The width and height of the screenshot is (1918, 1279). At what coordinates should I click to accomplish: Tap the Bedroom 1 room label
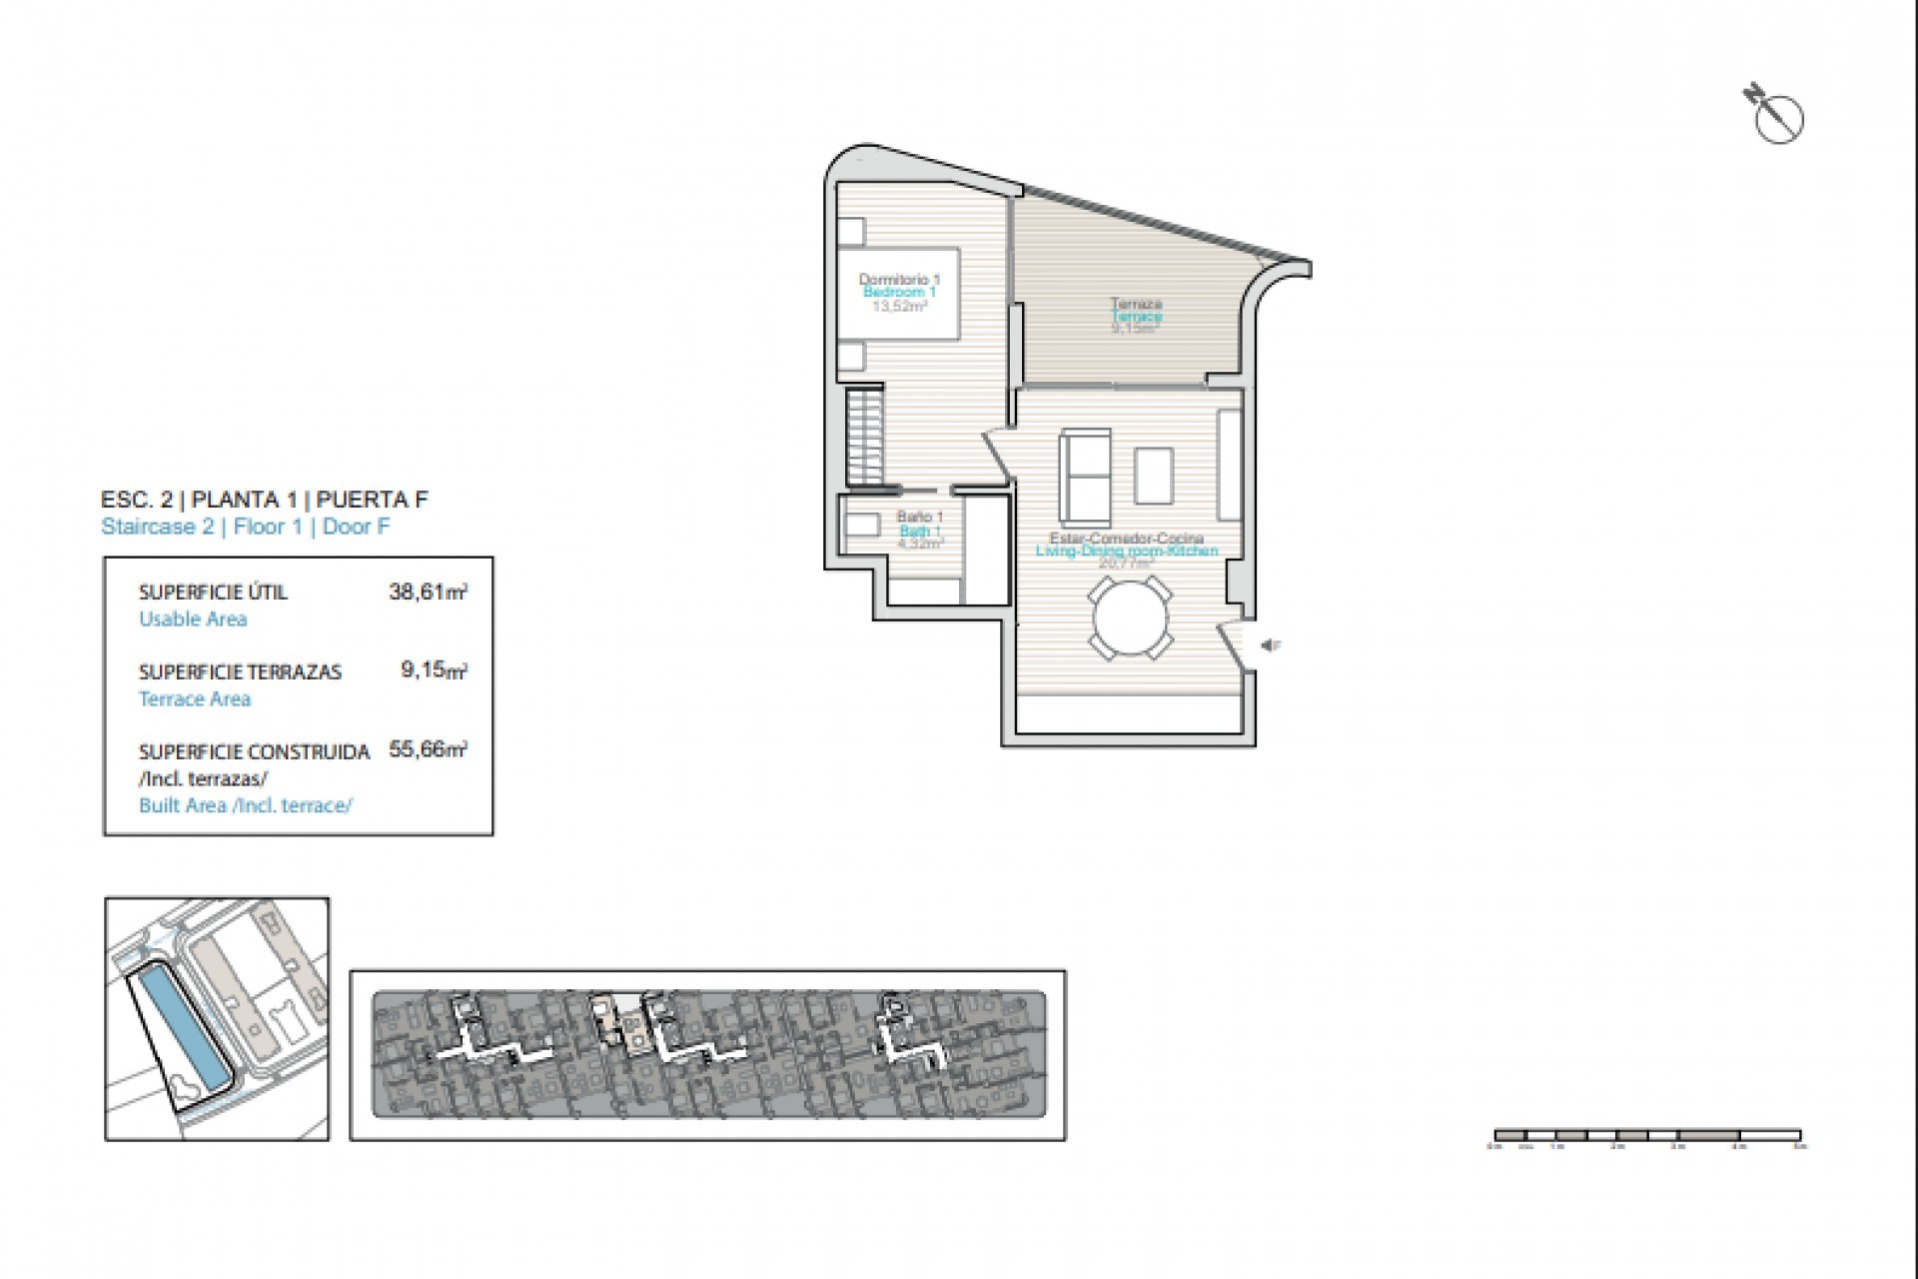click(x=899, y=292)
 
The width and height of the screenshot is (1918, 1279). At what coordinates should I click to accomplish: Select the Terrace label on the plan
click(x=1137, y=315)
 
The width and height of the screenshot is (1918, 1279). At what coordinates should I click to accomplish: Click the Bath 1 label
click(x=919, y=531)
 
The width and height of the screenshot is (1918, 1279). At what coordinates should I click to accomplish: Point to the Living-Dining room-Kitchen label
click(x=1126, y=551)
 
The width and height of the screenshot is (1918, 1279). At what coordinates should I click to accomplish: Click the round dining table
click(x=1131, y=621)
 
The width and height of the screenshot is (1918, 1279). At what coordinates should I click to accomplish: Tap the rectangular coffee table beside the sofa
click(x=1154, y=477)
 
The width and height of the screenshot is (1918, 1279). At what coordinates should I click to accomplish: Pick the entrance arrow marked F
click(x=1270, y=646)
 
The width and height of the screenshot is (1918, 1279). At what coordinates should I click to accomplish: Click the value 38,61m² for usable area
click(x=428, y=592)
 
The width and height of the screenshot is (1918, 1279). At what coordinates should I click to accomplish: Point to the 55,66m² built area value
click(x=428, y=749)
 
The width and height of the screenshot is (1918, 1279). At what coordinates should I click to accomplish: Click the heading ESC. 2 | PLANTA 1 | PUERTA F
click(x=265, y=499)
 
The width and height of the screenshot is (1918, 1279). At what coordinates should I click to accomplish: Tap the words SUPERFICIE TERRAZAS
click(x=240, y=671)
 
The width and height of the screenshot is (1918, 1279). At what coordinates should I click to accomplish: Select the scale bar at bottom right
click(x=1646, y=1135)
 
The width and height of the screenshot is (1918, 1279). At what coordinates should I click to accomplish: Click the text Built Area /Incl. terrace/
click(x=245, y=805)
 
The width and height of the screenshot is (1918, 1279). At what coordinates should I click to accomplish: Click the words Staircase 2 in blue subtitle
click(x=157, y=527)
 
